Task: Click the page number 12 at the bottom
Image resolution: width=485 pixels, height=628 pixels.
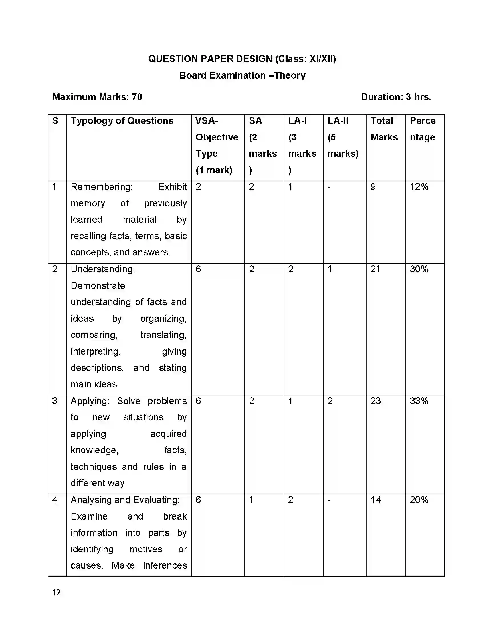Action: pyautogui.click(x=56, y=592)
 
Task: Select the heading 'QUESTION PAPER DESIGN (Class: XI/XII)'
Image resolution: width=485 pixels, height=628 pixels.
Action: pyautogui.click(x=242, y=59)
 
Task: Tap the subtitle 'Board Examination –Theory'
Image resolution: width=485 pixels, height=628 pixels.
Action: pyautogui.click(x=242, y=75)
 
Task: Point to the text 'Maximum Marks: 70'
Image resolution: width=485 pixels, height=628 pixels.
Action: pyautogui.click(x=97, y=97)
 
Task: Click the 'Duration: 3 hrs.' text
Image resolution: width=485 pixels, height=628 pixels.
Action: pyautogui.click(x=396, y=97)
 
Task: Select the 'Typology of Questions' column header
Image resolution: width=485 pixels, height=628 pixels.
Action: pyautogui.click(x=122, y=121)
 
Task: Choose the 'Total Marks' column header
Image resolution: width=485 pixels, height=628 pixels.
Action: pyautogui.click(x=384, y=129)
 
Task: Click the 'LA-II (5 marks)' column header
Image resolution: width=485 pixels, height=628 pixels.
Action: pyautogui.click(x=343, y=137)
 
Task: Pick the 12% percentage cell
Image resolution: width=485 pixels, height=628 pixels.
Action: pyautogui.click(x=419, y=187)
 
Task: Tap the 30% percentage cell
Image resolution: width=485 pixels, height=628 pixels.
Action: pyautogui.click(x=419, y=269)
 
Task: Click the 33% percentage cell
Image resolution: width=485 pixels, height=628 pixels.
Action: pyautogui.click(x=419, y=401)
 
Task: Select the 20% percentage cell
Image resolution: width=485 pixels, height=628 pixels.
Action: pyautogui.click(x=419, y=500)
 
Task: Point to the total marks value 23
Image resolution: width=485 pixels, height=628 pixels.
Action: pyautogui.click(x=375, y=401)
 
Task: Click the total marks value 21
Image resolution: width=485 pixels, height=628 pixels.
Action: pyautogui.click(x=375, y=269)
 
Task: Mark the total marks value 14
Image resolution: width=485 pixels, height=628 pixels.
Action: pyautogui.click(x=376, y=500)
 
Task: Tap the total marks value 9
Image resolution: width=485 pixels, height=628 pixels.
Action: pyautogui.click(x=373, y=187)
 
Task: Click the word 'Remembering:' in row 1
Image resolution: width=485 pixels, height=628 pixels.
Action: pyautogui.click(x=102, y=187)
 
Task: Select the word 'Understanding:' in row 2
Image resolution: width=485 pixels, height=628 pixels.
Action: pyautogui.click(x=103, y=269)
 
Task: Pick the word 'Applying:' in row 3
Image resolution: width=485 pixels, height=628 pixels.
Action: pyautogui.click(x=90, y=401)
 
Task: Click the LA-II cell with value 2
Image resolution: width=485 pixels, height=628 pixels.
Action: pyautogui.click(x=330, y=401)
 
